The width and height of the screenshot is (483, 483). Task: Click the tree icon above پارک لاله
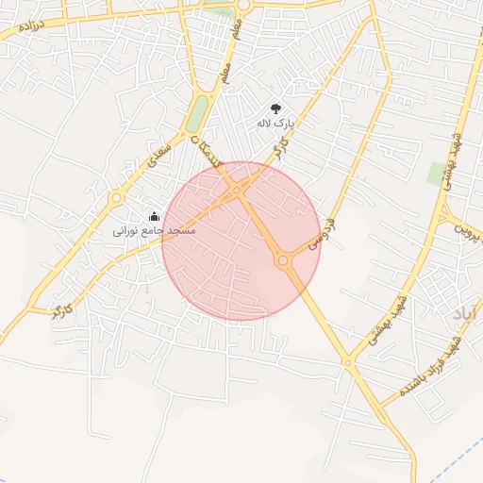pyautogui.click(x=275, y=108)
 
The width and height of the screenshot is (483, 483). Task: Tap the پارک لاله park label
pyautogui.click(x=275, y=123)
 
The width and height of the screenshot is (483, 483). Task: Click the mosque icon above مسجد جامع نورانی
pyautogui.click(x=154, y=217)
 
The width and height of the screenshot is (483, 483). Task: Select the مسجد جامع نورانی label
pyautogui.click(x=154, y=230)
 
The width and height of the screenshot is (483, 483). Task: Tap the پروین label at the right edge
pyautogui.click(x=468, y=227)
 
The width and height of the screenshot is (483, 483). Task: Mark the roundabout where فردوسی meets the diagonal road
pyautogui.click(x=283, y=260)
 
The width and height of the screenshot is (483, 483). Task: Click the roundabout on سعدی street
pyautogui.click(x=116, y=198)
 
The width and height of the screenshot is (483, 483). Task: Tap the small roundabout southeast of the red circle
pyautogui.click(x=348, y=362)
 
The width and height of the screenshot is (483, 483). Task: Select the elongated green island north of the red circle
pyautogui.click(x=197, y=113)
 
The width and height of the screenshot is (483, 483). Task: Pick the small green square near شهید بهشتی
pyautogui.click(x=436, y=173)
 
